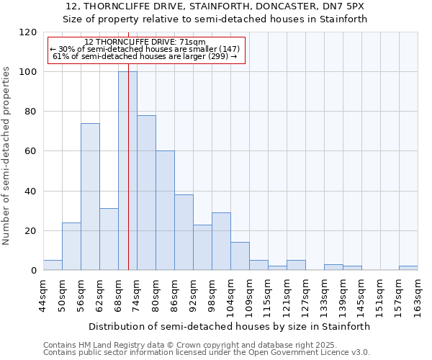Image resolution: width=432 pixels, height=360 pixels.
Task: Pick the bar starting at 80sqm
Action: (165, 210)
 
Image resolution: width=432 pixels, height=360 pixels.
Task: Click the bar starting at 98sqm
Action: (221, 241)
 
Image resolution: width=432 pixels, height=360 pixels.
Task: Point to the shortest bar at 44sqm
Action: (53, 265)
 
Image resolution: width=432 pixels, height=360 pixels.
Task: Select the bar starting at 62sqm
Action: (109, 239)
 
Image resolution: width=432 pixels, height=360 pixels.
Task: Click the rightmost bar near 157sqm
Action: (408, 268)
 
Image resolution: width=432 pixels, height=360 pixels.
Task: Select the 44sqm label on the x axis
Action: (44, 296)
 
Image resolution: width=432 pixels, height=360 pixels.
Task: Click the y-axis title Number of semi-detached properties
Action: (6, 151)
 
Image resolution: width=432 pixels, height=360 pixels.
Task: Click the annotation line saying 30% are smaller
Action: (144, 49)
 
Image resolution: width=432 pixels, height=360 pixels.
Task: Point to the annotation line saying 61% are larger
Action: (145, 56)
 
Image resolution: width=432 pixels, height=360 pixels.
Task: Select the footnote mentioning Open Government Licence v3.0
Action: (207, 353)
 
